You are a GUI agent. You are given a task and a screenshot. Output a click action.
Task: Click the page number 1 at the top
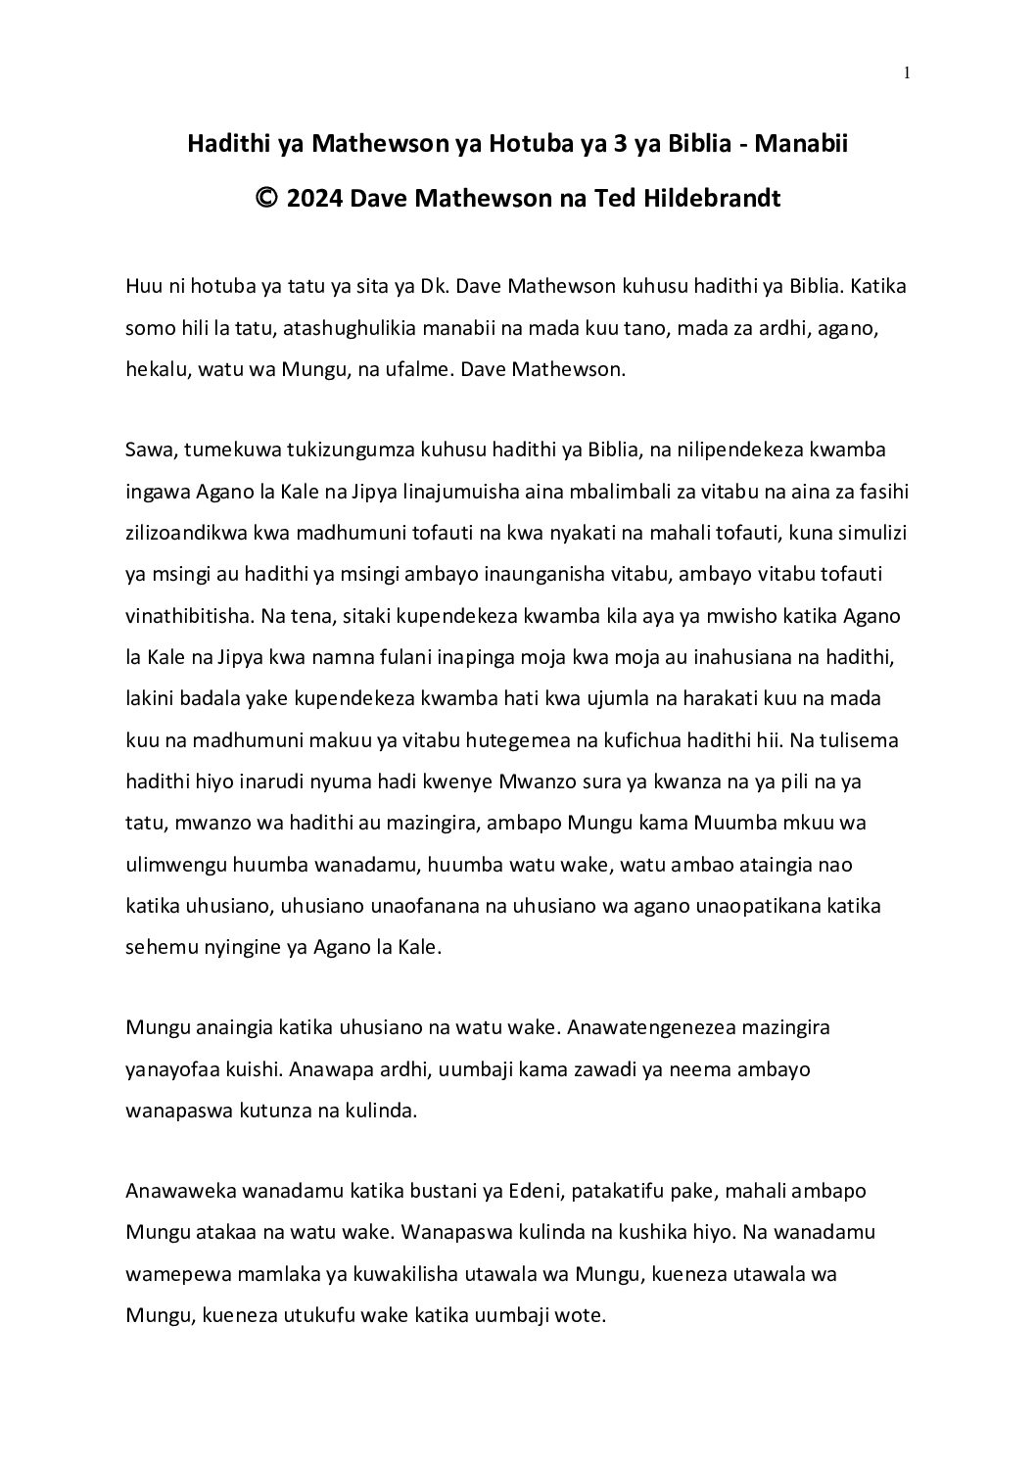pyautogui.click(x=908, y=72)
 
